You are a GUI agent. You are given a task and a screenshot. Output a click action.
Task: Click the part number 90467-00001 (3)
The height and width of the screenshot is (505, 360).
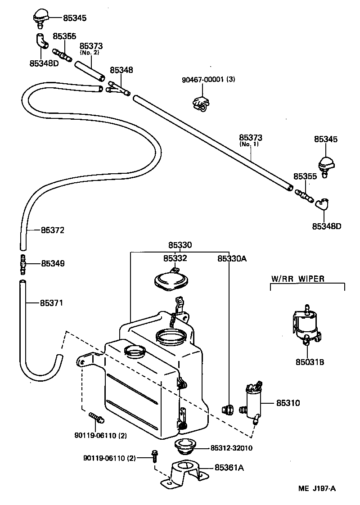point(208,80)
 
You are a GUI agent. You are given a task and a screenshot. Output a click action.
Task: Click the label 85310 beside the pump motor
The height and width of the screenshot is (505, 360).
point(288,403)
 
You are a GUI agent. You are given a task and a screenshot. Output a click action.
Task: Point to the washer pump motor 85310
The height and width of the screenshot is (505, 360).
point(253,401)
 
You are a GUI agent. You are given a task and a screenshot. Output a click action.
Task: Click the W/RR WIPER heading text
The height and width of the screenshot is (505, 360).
point(297,279)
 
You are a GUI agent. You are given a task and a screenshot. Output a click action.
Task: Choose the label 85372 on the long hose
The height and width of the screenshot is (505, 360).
point(53,230)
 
